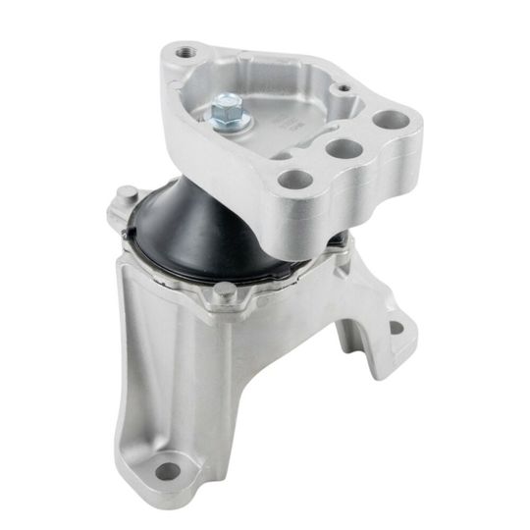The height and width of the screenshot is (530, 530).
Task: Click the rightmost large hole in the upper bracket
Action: point(390,121)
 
